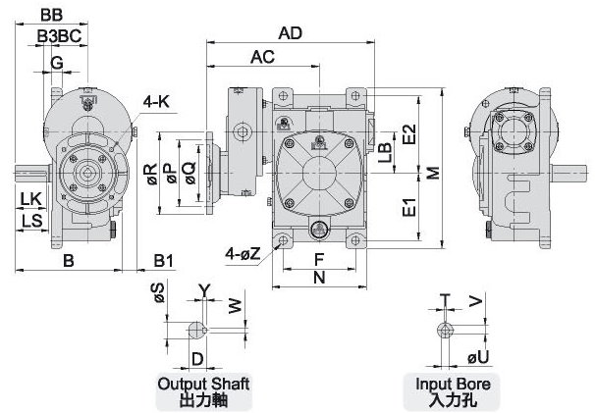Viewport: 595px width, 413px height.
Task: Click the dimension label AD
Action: click(x=289, y=32)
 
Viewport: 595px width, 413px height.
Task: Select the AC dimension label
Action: click(x=261, y=57)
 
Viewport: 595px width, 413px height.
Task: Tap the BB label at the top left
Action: click(x=53, y=14)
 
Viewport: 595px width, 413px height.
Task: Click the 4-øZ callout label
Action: click(x=241, y=253)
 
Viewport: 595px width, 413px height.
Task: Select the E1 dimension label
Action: click(x=410, y=208)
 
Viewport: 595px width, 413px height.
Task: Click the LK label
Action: click(x=29, y=200)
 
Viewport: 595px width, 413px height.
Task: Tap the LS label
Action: click(x=29, y=221)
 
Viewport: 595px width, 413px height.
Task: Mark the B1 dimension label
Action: click(x=164, y=260)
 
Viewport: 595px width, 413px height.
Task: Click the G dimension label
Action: click(x=57, y=63)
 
